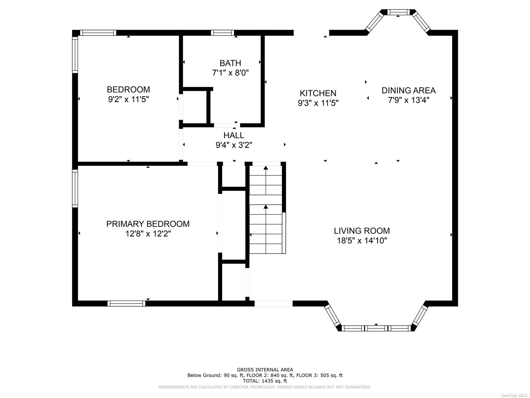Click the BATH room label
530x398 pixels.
point(230,63)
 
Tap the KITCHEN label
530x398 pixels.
point(318,93)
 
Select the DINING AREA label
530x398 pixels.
point(409,90)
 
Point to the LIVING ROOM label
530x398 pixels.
point(362,231)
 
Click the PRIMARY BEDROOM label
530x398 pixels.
point(148,224)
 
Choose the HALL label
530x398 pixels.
point(234,135)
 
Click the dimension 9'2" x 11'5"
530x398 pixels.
point(129,99)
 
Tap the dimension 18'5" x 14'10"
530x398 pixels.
point(362,240)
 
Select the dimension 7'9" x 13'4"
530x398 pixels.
point(409,100)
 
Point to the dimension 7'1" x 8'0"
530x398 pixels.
point(230,73)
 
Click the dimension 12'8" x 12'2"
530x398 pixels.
point(148,233)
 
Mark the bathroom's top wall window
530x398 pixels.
point(222,33)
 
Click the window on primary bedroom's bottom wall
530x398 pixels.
point(126,303)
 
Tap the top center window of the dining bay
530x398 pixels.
point(398,12)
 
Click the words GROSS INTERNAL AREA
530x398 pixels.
point(265,370)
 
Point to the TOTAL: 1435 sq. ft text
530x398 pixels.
point(265,381)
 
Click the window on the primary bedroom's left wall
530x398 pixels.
point(75,189)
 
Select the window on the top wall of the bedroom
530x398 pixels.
point(98,33)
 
